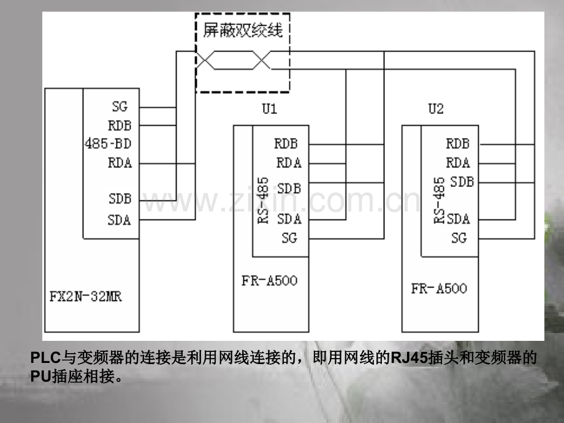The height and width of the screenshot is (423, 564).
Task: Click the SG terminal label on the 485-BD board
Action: point(120,107)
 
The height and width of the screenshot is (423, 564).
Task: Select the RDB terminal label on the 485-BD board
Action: point(120,126)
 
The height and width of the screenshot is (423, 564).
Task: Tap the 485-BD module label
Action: point(108,144)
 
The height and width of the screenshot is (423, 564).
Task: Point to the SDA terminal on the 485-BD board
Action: point(120,219)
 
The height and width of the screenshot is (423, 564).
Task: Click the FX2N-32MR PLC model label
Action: point(86,296)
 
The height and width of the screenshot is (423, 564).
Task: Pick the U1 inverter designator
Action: point(269,109)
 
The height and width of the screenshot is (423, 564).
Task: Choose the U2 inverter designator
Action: point(436,109)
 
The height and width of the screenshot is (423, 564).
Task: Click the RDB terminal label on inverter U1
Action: point(286,144)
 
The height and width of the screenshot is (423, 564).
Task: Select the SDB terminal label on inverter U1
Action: point(289,188)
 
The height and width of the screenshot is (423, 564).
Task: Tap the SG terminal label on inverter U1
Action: point(289,238)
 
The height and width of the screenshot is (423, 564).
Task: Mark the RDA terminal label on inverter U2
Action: point(458,163)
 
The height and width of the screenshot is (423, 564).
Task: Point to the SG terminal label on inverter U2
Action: point(459,238)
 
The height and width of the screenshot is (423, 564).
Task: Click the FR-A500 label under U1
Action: point(269,281)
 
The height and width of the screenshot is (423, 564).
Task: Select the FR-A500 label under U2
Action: point(439,288)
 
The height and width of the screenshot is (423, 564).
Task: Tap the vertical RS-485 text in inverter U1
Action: point(263,200)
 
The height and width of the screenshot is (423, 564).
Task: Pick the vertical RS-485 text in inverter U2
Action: point(439,200)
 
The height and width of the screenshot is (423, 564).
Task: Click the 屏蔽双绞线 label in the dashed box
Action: point(243,30)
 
